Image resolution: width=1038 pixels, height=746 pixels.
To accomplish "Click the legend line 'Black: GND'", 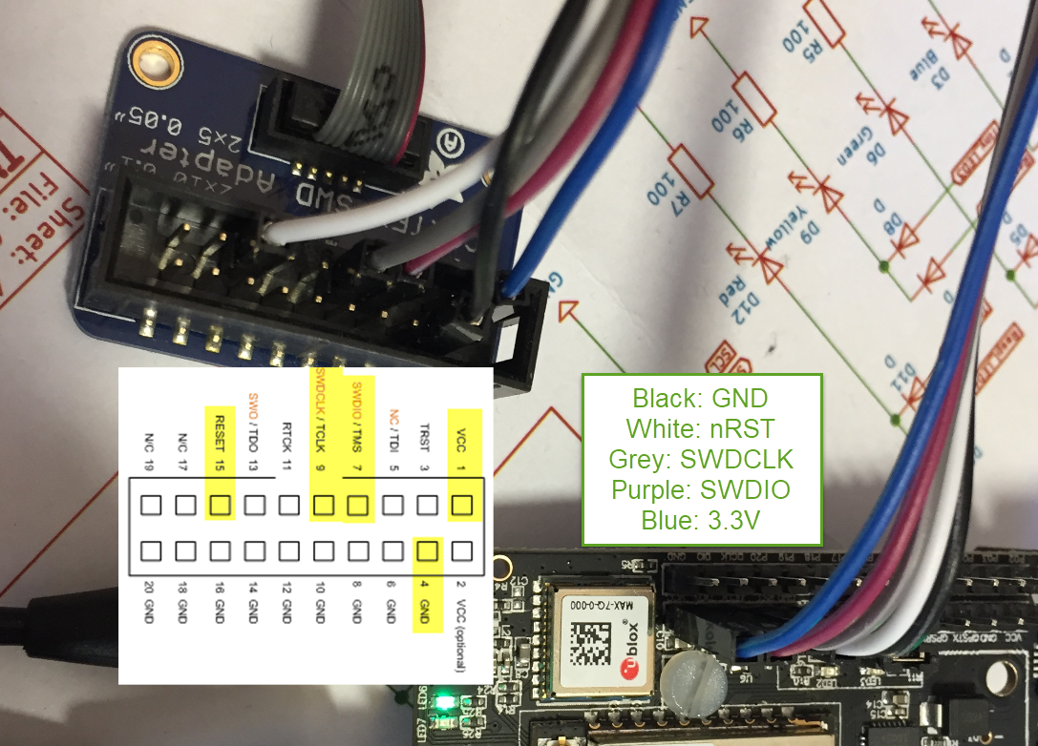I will [701, 399].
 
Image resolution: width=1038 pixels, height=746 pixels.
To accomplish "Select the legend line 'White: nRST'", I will [701, 428].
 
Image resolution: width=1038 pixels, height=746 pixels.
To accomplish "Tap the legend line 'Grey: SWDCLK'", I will [701, 459].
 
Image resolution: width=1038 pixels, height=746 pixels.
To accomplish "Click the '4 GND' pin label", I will [427, 602].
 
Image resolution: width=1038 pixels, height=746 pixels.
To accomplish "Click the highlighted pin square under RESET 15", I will [221, 505].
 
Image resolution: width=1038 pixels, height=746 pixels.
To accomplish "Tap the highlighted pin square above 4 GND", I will [428, 550].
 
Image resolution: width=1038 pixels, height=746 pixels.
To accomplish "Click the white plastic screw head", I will [695, 682].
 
